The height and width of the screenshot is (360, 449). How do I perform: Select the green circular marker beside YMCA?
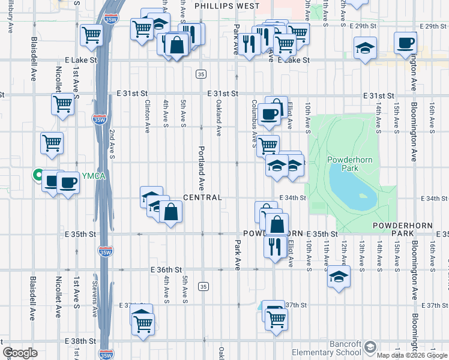pyautogui.click(x=37, y=176)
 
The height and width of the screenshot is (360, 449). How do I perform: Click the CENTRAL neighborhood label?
pyautogui.click(x=202, y=197)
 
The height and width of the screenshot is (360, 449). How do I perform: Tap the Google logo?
pyautogui.click(x=20, y=353)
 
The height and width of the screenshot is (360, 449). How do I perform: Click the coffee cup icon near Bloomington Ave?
pyautogui.click(x=405, y=43)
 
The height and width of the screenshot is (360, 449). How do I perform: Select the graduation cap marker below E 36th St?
pyautogui.click(x=339, y=277)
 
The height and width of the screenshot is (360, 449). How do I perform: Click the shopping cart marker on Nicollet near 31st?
pyautogui.click(x=63, y=104)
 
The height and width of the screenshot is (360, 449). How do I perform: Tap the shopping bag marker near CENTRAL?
pyautogui.click(x=171, y=212)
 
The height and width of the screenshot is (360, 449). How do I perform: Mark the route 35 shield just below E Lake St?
pyautogui.click(x=201, y=74)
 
